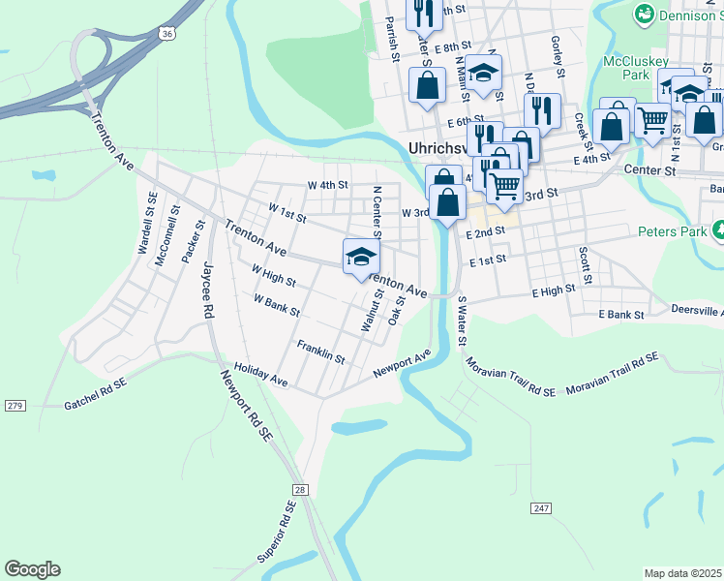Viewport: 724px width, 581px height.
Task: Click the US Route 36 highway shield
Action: coord(168,33)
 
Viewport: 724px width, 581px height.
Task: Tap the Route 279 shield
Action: coord(15,405)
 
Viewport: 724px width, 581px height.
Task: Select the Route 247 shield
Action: coord(541,507)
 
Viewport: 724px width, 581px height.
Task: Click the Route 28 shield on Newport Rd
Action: coord(300,491)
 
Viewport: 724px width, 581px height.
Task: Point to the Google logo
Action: coord(32,569)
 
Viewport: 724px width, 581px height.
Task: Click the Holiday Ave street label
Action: coord(261,375)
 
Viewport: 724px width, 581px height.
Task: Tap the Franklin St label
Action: coord(321,352)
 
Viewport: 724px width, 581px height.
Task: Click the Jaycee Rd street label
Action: coord(205,290)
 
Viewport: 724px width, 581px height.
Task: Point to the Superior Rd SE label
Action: coord(276,533)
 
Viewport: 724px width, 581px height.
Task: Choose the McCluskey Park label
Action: coord(626,67)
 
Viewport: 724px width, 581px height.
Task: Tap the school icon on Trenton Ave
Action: coord(361,257)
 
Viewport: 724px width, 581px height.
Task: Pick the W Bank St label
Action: coord(277,307)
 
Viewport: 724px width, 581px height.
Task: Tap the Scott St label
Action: coord(585,259)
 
